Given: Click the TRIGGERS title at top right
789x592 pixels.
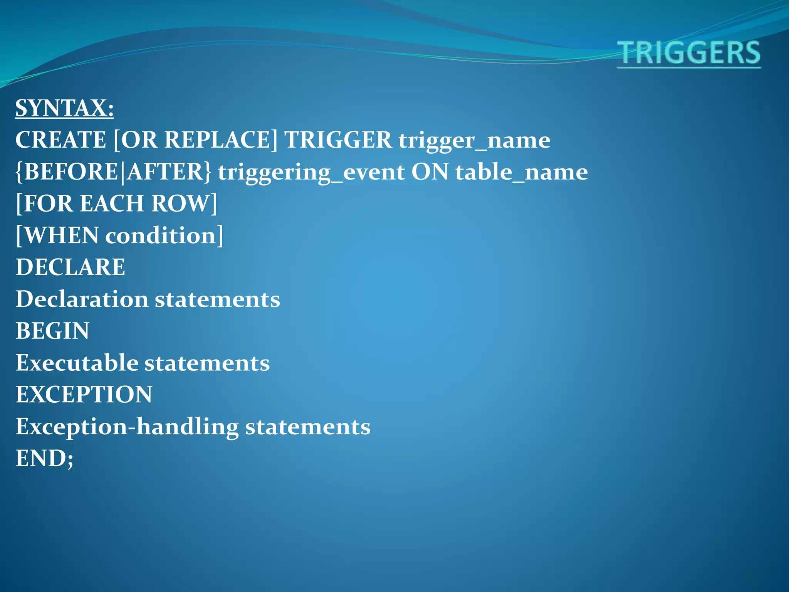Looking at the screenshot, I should tap(689, 53).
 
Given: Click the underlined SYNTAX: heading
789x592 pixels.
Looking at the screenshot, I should tap(64, 108).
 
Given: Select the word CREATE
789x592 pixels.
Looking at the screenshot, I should tap(60, 140).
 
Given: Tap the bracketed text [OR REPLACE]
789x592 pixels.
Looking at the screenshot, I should tap(195, 140).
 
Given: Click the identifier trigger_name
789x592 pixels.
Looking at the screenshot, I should tap(474, 140).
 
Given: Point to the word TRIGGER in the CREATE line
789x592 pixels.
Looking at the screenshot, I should tap(337, 140).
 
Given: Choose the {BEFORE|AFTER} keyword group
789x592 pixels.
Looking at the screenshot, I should tap(113, 172).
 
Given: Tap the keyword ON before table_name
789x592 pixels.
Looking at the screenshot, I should tap(430, 172).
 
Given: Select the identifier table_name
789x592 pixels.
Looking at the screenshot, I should tap(521, 172).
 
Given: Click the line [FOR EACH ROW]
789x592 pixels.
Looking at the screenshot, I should tap(116, 203).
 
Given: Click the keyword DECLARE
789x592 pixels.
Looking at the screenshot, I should tap(71, 267).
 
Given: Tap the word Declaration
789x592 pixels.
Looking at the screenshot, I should tap(82, 299).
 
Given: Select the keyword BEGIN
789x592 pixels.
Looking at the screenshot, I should tap(52, 331).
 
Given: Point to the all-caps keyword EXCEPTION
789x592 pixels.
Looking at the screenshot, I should tap(84, 395).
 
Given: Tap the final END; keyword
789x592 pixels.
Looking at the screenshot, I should tap(44, 459).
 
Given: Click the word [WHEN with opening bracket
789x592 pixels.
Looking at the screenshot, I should tap(57, 235).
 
